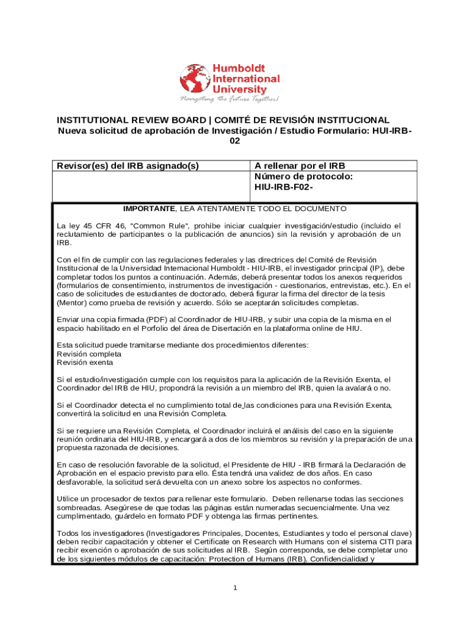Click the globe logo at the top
tap(195, 79)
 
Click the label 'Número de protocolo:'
tap(303, 176)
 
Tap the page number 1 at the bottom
tap(235, 587)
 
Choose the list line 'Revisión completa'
tap(89, 354)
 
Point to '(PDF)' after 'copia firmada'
tap(157, 319)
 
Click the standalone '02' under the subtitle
tap(235, 140)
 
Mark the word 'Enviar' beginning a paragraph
tap(69, 319)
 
